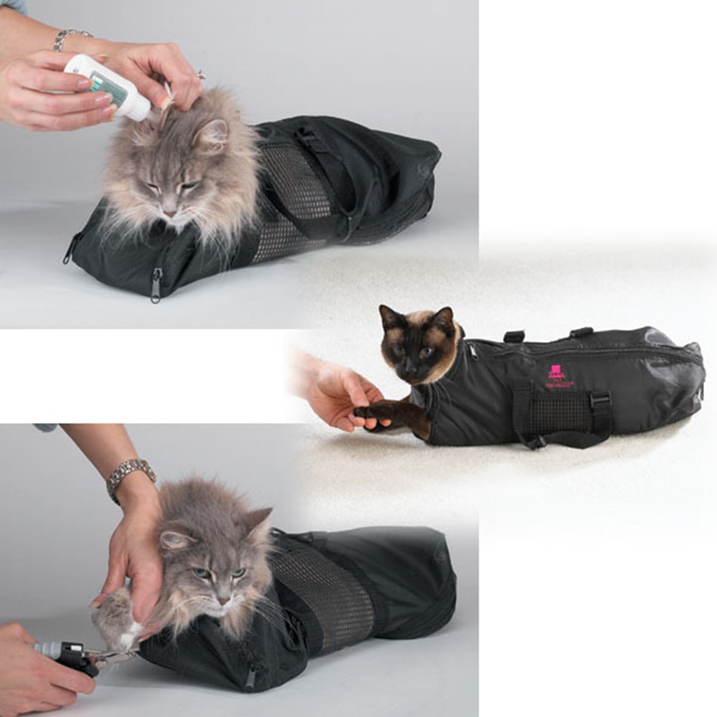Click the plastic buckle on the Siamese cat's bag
(x=599, y=402)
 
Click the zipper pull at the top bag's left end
(x=70, y=251)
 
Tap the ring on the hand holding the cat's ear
(x=200, y=74)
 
